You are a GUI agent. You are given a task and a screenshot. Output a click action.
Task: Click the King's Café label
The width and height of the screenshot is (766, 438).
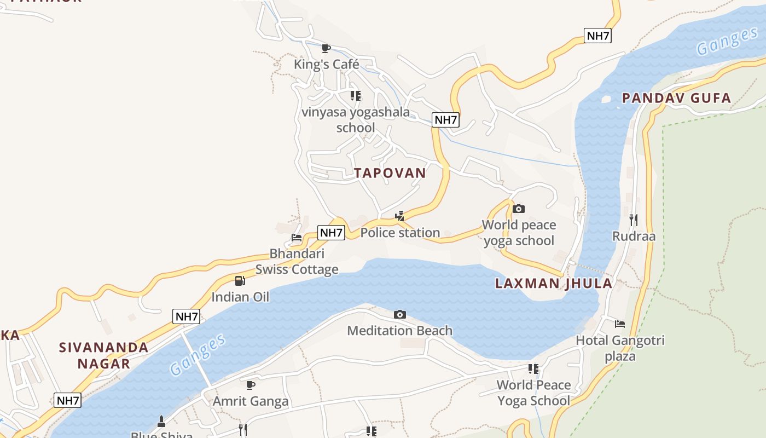(x=327, y=65)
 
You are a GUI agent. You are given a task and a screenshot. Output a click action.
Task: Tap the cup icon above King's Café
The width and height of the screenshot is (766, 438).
(x=326, y=49)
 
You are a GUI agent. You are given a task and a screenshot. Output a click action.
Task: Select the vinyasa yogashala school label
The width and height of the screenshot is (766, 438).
(x=356, y=120)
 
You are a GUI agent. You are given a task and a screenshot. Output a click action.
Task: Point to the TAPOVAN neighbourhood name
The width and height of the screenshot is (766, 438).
(x=390, y=173)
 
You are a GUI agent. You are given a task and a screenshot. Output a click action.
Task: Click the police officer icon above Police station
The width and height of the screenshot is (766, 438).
(x=400, y=216)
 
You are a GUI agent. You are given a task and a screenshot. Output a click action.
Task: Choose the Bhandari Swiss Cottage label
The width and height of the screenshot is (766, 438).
(x=297, y=262)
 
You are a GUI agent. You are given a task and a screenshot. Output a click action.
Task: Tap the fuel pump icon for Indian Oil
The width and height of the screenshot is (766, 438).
(x=240, y=281)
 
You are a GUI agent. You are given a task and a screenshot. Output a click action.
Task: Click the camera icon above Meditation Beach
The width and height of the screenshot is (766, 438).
(x=400, y=314)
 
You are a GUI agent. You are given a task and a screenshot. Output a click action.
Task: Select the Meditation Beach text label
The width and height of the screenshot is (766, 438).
(x=400, y=331)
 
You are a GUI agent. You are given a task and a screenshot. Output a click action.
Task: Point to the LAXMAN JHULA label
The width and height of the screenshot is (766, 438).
(x=554, y=284)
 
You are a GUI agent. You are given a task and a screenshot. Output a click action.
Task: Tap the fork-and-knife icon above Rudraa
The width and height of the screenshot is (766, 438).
(x=634, y=220)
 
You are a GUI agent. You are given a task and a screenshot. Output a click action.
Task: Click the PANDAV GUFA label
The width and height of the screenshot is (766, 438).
(x=676, y=99)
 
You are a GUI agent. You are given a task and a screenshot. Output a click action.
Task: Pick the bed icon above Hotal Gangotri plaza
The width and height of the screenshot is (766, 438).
(x=620, y=324)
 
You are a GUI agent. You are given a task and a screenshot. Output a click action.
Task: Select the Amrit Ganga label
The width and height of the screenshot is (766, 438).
(x=251, y=401)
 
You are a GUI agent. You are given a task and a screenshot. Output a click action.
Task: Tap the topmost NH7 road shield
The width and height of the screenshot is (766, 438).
(x=597, y=36)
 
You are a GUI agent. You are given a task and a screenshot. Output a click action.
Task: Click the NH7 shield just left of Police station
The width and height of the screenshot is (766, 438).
(x=331, y=233)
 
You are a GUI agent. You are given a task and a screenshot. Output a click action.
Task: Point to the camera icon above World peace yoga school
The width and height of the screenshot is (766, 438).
(x=519, y=209)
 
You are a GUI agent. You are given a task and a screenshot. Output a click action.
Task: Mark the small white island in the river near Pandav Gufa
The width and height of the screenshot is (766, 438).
(x=606, y=100)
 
